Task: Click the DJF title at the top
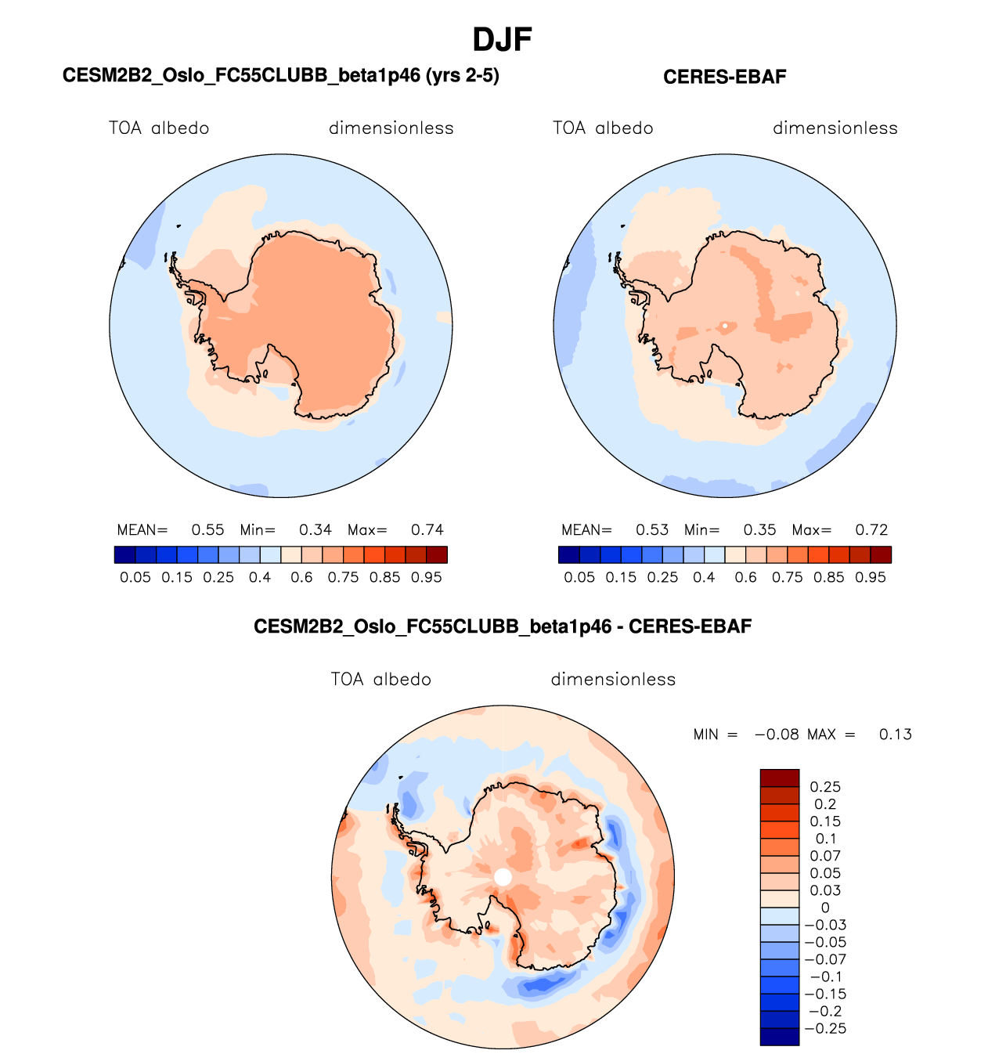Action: click(x=503, y=39)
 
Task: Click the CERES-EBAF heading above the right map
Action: click(x=724, y=77)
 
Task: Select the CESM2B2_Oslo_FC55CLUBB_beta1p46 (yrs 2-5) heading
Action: click(x=280, y=75)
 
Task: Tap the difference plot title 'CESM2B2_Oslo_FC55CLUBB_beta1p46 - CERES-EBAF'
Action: click(x=503, y=626)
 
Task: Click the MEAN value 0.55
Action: click(x=207, y=530)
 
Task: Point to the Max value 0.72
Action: click(x=871, y=530)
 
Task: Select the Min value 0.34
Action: click(x=316, y=530)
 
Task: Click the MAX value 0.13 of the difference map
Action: click(x=895, y=735)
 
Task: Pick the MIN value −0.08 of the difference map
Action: click(x=776, y=735)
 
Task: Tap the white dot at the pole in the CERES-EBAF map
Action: click(x=725, y=325)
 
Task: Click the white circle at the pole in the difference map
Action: click(x=503, y=877)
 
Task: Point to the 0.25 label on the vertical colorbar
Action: click(x=825, y=787)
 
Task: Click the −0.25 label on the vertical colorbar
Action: click(x=825, y=1029)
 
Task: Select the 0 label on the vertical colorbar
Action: click(x=825, y=908)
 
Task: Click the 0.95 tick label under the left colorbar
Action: click(x=427, y=577)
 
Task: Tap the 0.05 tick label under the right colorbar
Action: click(x=579, y=577)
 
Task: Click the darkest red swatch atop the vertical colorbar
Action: click(x=779, y=778)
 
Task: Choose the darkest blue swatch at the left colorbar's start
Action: click(x=124, y=554)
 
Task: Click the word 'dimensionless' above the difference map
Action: click(x=613, y=679)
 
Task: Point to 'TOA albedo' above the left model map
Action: click(x=159, y=128)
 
